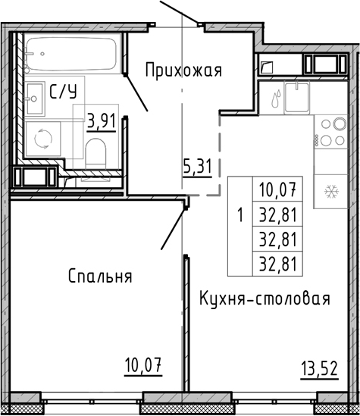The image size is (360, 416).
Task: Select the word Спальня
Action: [x=99, y=276]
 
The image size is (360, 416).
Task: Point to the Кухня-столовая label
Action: [x=265, y=298]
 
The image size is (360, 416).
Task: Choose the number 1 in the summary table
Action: [x=239, y=214]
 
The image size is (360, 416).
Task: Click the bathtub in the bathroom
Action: [x=69, y=55]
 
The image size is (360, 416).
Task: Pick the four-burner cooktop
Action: [x=330, y=134]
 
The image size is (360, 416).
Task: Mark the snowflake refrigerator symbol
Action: [x=330, y=191]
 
